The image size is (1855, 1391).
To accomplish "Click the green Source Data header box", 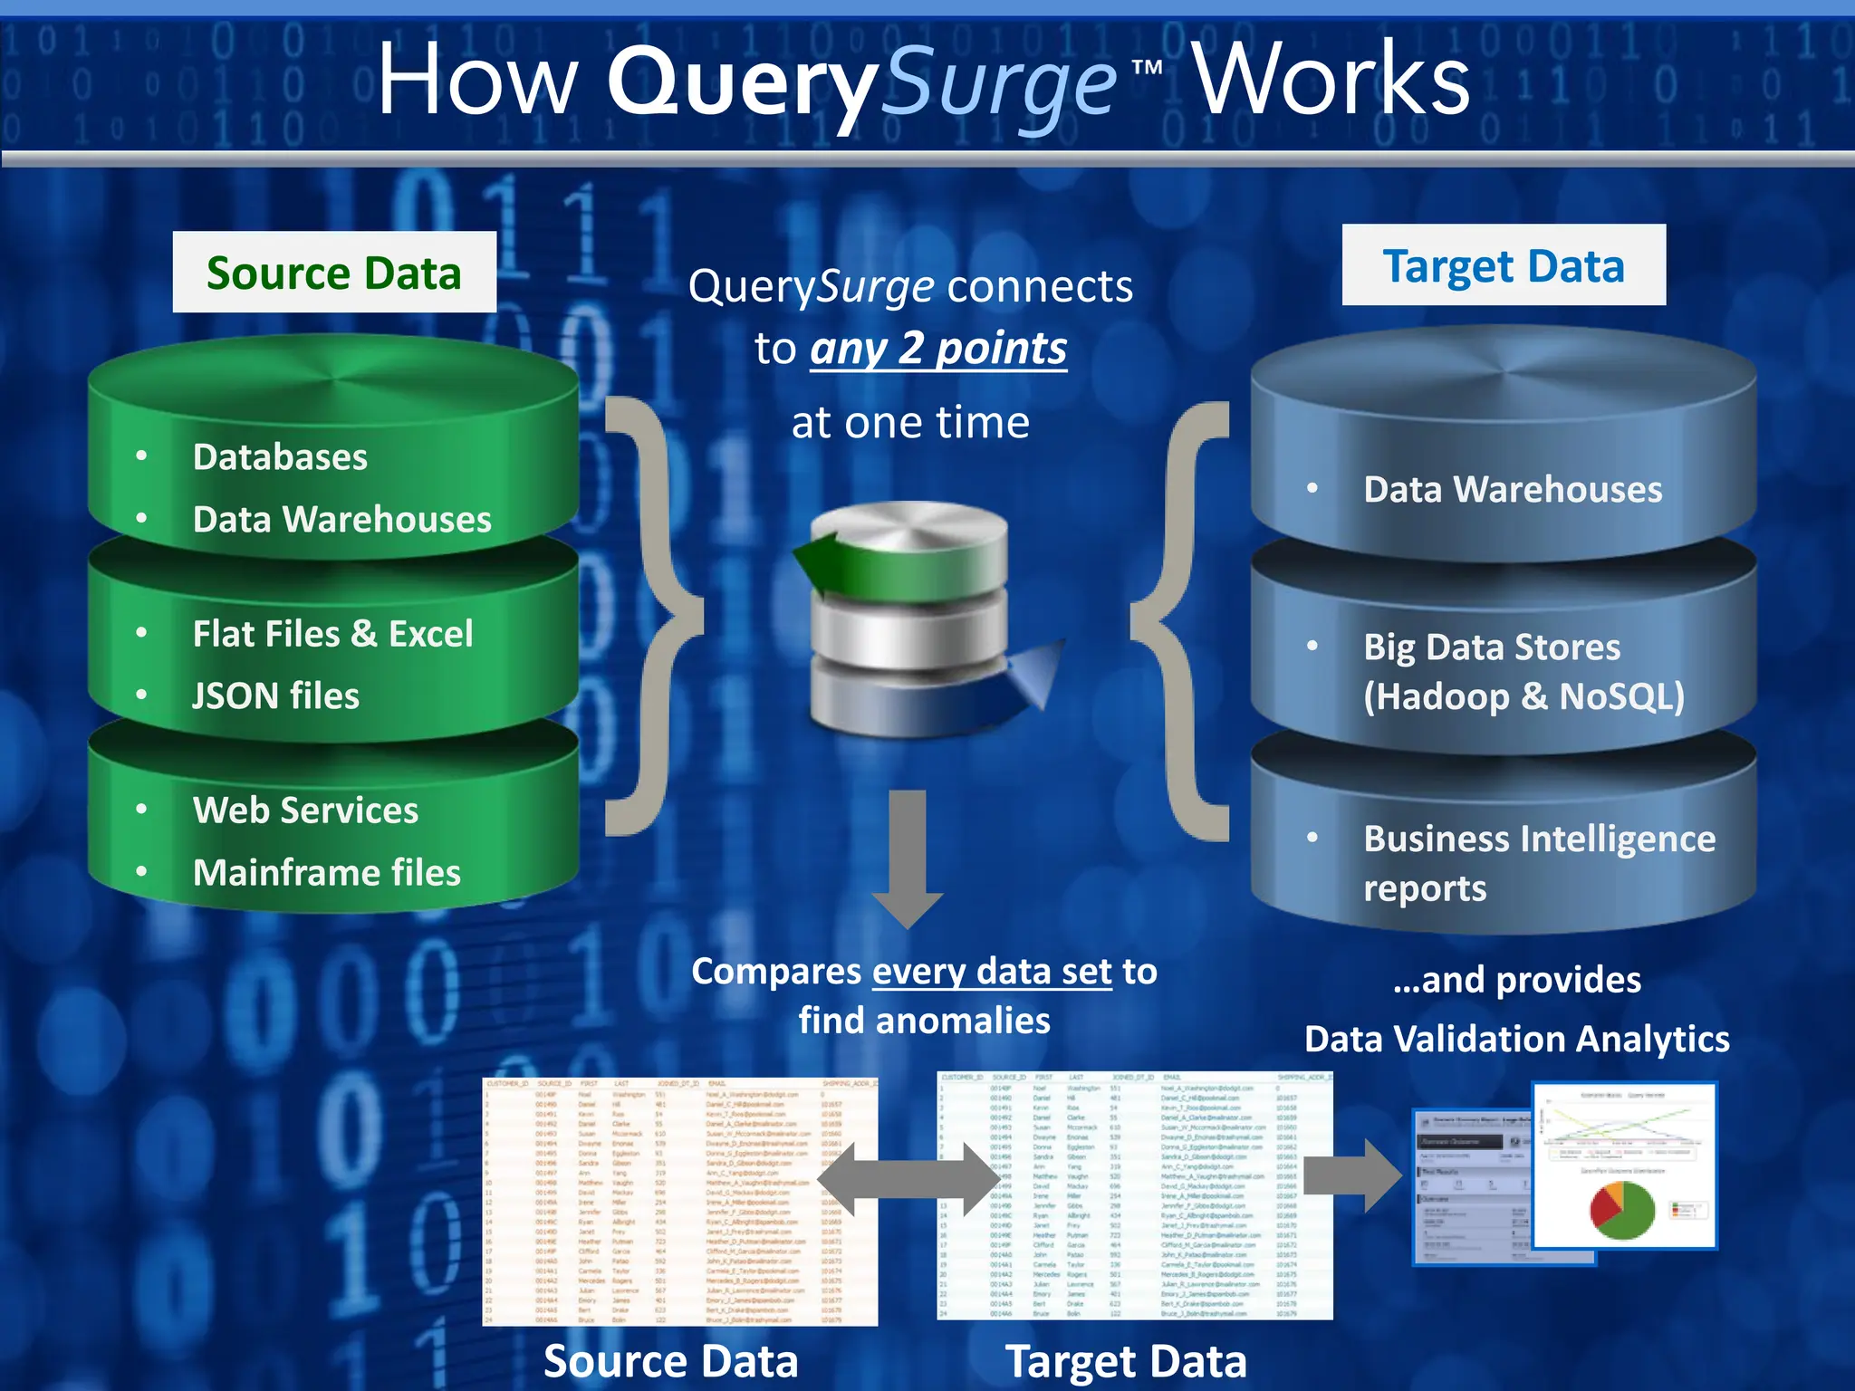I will pyautogui.click(x=334, y=273).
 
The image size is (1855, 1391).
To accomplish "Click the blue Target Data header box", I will pyautogui.click(x=1504, y=265).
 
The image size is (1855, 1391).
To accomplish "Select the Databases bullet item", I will pyautogui.click(x=280, y=456).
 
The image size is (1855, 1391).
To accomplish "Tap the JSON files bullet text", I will pyautogui.click(x=275, y=695).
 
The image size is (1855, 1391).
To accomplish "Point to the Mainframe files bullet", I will pyautogui.click(x=326, y=872).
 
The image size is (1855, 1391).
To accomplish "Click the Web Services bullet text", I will pyautogui.click(x=305, y=810).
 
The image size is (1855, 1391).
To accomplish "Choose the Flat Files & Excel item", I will pyautogui.click(x=332, y=633).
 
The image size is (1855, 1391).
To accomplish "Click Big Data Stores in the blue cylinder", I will pyautogui.click(x=1492, y=647).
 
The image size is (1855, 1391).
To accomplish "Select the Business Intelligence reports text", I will pyautogui.click(x=1539, y=862).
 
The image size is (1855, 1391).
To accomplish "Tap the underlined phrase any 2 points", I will pyautogui.click(x=938, y=349).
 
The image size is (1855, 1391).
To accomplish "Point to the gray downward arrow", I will pyautogui.click(x=908, y=856).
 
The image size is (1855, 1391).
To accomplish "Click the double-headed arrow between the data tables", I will pyautogui.click(x=907, y=1179).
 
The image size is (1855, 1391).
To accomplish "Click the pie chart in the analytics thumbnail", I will pyautogui.click(x=1621, y=1209).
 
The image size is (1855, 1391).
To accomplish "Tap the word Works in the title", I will pyautogui.click(x=1331, y=81).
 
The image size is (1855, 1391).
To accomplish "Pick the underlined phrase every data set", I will pyautogui.click(x=992, y=971).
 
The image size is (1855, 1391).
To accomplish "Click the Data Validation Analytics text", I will pyautogui.click(x=1516, y=1039).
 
